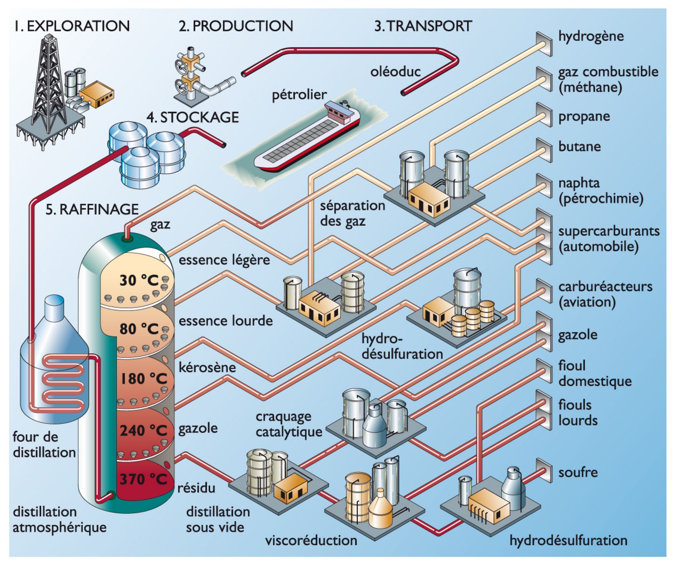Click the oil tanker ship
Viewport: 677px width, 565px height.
307,140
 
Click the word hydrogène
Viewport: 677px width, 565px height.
591,36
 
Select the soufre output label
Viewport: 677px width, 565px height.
578,472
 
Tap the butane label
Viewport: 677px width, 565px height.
579,147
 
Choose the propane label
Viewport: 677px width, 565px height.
584,117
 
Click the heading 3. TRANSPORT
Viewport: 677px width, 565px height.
423,26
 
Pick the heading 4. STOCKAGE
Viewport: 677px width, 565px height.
193,117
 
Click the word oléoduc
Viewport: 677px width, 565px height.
395,72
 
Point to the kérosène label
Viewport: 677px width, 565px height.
207,367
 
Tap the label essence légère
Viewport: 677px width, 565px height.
224,260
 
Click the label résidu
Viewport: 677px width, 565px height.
196,488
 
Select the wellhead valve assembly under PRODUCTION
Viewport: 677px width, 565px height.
190,74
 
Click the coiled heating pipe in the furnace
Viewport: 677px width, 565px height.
64,383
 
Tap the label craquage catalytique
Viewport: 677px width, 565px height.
289,424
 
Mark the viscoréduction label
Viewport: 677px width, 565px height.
311,540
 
